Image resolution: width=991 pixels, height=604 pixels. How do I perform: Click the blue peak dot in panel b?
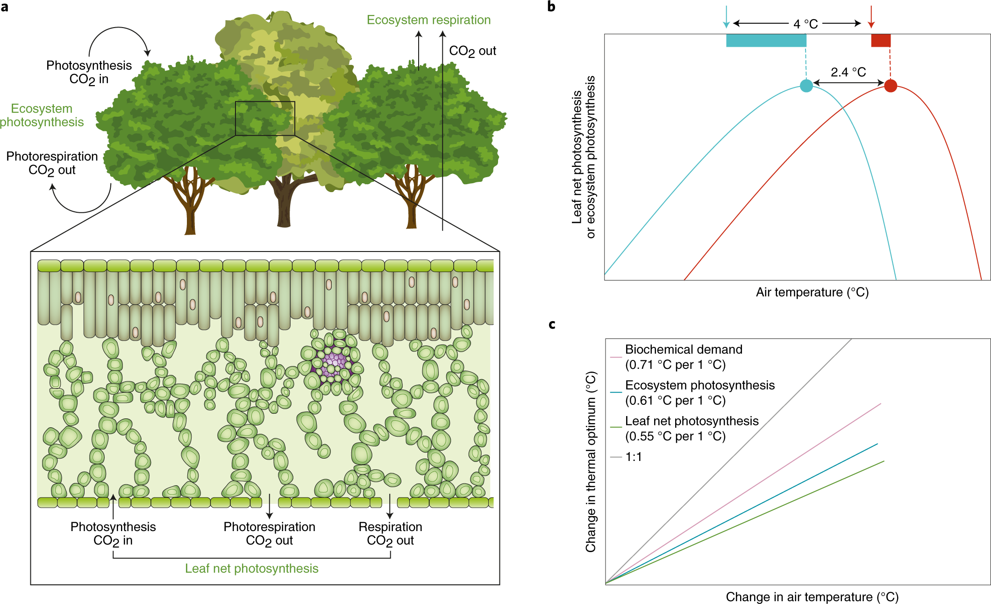pyautogui.click(x=806, y=86)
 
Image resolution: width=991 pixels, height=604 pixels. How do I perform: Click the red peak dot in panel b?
pyautogui.click(x=891, y=86)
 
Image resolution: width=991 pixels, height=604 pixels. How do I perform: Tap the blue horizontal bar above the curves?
pyautogui.click(x=766, y=40)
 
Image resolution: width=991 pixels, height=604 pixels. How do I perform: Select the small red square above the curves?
pyautogui.click(x=881, y=40)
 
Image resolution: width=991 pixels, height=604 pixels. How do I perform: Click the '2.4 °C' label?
pyautogui.click(x=848, y=72)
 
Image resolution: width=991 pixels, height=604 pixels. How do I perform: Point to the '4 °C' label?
pyautogui.click(x=806, y=24)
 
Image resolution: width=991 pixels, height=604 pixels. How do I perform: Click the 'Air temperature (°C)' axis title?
pyautogui.click(x=812, y=292)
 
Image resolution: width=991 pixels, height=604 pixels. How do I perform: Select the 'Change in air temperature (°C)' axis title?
pyautogui.click(x=812, y=597)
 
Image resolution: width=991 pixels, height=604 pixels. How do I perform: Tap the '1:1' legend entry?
pyautogui.click(x=633, y=457)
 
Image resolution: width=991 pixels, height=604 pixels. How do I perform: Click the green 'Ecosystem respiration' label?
pyautogui.click(x=428, y=20)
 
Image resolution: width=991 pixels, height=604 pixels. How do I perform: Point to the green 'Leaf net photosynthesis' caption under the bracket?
pyautogui.click(x=251, y=568)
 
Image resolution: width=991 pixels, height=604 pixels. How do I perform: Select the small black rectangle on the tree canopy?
pyautogui.click(x=265, y=118)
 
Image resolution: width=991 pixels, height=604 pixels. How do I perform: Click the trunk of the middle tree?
pyautogui.click(x=285, y=206)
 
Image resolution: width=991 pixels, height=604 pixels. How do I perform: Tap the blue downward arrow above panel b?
pyautogui.click(x=726, y=17)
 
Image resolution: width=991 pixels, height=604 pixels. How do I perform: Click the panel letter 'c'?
pyautogui.click(x=552, y=324)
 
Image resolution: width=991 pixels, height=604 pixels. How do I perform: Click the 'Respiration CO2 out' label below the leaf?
pyautogui.click(x=390, y=533)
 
